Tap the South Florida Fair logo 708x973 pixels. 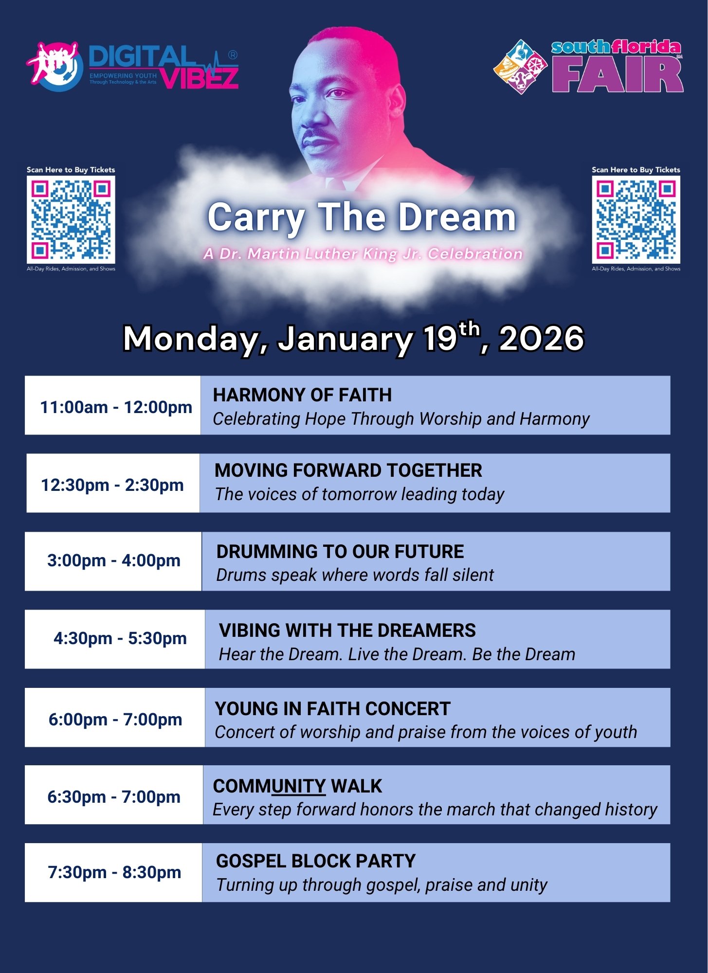click(x=588, y=67)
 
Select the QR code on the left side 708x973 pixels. click(x=71, y=219)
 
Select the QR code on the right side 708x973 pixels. click(x=636, y=219)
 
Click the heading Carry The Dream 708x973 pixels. click(x=362, y=217)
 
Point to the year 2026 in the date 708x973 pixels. click(x=542, y=338)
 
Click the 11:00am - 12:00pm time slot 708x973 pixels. click(x=116, y=407)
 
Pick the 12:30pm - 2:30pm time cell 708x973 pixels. click(x=112, y=485)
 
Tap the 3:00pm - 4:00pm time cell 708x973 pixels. click(x=113, y=560)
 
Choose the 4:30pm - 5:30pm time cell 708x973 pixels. click(x=120, y=638)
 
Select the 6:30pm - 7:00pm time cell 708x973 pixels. click(x=113, y=797)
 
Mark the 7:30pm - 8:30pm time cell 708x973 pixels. click(x=114, y=872)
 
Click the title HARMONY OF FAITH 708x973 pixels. click(x=302, y=395)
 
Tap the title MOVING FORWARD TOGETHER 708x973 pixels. click(x=348, y=470)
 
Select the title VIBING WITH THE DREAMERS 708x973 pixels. click(x=347, y=631)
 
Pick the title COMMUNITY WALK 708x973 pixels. click(x=298, y=786)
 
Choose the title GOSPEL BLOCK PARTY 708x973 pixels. click(x=316, y=861)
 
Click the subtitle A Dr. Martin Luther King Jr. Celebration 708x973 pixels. click(x=363, y=254)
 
